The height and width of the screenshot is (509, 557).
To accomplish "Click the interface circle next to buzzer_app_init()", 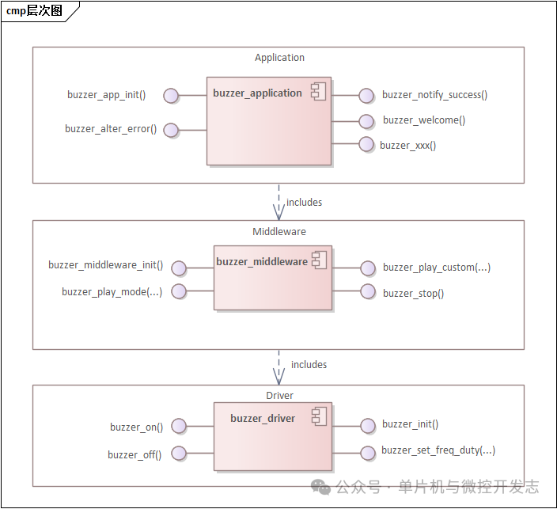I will click(x=171, y=96).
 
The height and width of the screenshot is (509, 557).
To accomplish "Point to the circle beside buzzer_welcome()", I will click(x=366, y=121).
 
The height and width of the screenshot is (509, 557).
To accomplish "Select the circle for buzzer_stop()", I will click(x=367, y=292).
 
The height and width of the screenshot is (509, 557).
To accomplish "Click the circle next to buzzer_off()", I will click(x=179, y=454).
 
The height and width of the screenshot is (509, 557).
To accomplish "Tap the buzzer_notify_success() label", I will click(x=434, y=95).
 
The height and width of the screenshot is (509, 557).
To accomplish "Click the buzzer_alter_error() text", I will click(x=111, y=129).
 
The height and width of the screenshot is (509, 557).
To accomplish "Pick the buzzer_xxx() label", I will click(x=407, y=145).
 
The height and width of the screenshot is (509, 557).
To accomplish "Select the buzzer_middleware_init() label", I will click(x=105, y=266).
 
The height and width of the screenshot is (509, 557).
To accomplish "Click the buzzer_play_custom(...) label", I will click(x=436, y=268).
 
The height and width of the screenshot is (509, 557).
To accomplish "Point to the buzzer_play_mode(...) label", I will click(x=112, y=292).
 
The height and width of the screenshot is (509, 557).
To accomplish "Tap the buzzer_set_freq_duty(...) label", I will click(x=438, y=450).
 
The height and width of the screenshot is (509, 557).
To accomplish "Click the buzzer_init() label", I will click(x=410, y=424).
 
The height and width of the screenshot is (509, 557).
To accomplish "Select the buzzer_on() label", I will click(x=136, y=427).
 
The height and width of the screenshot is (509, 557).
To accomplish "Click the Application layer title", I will click(x=279, y=58).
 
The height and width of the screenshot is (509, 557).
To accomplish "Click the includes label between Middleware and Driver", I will click(x=309, y=365).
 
